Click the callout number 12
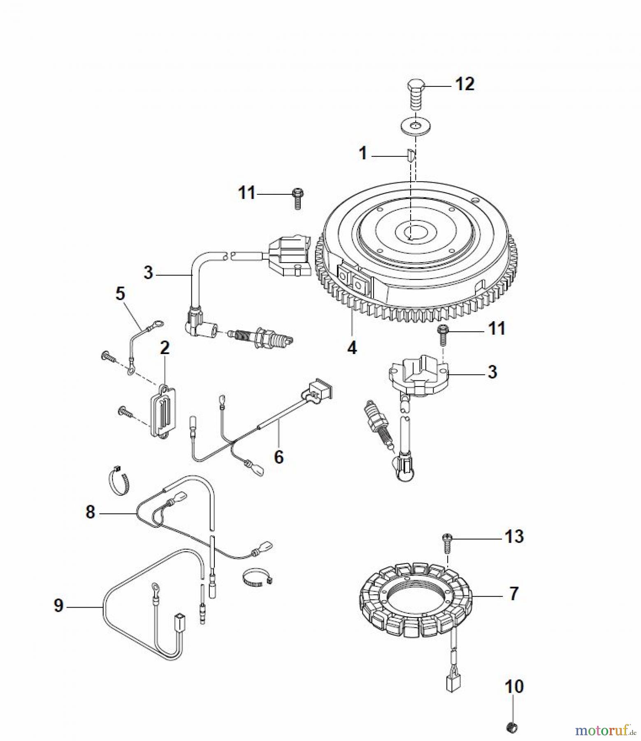[464, 84]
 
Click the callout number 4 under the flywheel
[352, 348]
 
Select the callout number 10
[514, 686]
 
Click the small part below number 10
[512, 727]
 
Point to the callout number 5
[120, 294]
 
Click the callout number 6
[279, 457]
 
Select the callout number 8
[90, 512]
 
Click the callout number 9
[59, 606]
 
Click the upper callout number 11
[246, 193]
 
